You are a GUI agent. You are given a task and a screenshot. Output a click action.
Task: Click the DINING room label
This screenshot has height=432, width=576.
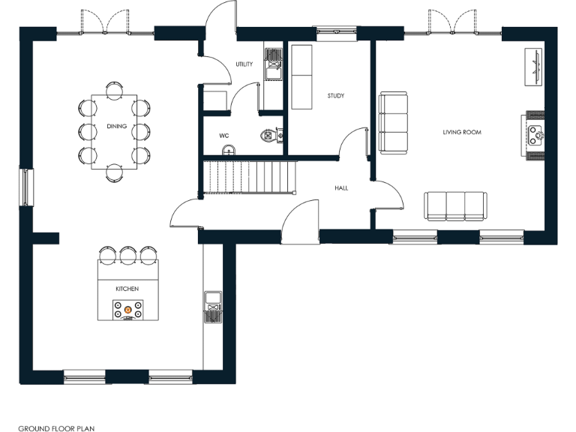click(x=116, y=126)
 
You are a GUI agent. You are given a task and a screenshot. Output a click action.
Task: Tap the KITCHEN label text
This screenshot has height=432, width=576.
click(x=127, y=289)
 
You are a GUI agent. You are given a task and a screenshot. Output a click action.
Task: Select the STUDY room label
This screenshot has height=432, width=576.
click(x=335, y=96)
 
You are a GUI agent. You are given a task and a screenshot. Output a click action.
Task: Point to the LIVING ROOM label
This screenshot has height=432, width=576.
click(x=461, y=133)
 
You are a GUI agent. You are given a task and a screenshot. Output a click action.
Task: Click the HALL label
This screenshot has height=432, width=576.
click(x=341, y=188)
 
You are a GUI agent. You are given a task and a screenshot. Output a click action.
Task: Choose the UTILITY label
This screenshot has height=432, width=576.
click(x=244, y=64)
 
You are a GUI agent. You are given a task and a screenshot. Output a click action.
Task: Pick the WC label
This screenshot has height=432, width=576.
click(x=223, y=136)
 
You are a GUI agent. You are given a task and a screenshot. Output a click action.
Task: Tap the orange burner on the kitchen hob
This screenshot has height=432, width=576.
click(x=127, y=308)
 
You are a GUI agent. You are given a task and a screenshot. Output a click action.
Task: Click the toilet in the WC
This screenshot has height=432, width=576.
click(x=269, y=135)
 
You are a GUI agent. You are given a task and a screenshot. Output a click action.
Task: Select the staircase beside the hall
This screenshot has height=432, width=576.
click(x=250, y=178)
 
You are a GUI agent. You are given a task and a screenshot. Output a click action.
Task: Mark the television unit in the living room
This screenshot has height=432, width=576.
click(x=535, y=68)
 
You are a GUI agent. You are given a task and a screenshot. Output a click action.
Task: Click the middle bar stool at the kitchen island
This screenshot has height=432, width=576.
click(x=127, y=256)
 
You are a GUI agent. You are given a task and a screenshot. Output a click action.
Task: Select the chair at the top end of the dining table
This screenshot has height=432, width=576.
click(x=114, y=89)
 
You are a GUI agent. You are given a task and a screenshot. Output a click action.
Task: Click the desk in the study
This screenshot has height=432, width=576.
click(x=302, y=77)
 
